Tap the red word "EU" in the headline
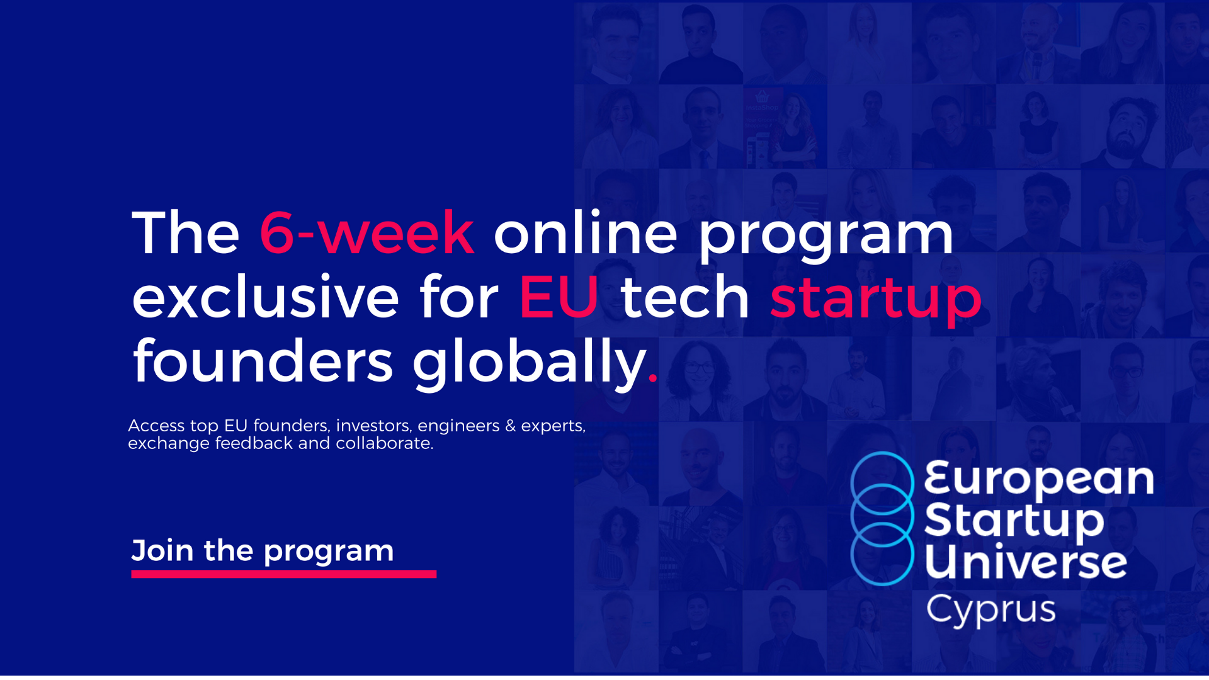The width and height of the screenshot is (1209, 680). click(559, 297)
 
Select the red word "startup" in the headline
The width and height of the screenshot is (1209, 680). click(876, 300)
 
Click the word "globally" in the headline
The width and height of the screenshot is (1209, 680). click(530, 363)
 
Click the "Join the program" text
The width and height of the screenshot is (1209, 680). click(263, 552)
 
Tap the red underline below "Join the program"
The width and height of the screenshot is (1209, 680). click(284, 574)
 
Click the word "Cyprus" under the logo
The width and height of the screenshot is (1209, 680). click(990, 610)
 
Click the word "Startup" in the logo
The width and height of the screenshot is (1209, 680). click(1014, 522)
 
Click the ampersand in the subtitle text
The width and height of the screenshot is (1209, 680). click(510, 426)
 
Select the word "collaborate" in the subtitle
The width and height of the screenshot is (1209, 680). click(384, 443)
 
